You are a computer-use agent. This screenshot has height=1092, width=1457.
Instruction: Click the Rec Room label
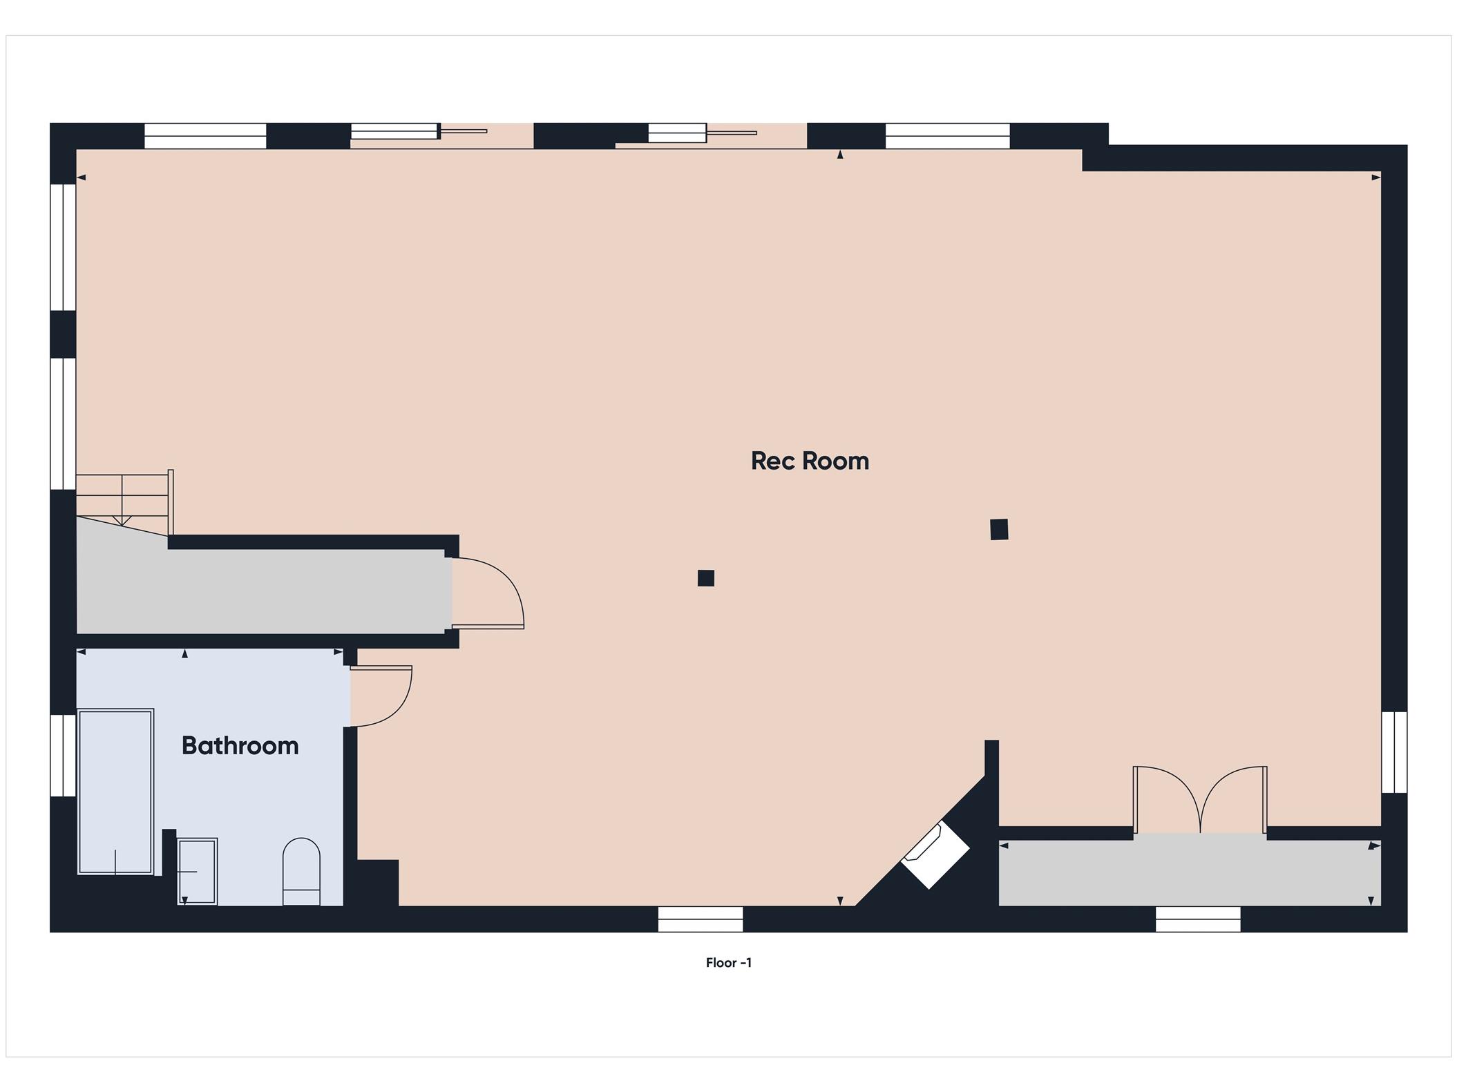tap(810, 461)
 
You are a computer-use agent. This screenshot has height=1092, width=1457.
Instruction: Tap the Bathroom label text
tap(240, 745)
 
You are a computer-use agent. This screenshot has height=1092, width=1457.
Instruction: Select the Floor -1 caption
tap(728, 963)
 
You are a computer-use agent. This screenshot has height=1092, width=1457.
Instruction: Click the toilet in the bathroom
tap(301, 872)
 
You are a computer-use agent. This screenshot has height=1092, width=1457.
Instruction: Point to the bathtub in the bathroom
tap(115, 792)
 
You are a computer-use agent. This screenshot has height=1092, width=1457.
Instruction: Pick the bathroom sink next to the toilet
tap(197, 872)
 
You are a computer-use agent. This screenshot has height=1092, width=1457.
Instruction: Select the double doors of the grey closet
tap(1200, 799)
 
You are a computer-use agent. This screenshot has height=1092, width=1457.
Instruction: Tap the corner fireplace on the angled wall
tap(935, 854)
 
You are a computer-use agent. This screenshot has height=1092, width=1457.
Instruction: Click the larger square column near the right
tap(999, 529)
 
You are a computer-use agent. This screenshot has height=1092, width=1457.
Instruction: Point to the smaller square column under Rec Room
tap(705, 578)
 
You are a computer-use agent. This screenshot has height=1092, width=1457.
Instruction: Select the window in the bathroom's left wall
tap(63, 755)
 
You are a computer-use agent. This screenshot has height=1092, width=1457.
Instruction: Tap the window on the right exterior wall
tap(1394, 752)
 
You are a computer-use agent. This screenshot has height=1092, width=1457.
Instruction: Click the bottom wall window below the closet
tap(1198, 919)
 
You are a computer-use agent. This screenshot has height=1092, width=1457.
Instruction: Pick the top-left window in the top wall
tap(205, 136)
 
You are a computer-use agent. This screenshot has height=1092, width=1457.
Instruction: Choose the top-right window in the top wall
tap(947, 136)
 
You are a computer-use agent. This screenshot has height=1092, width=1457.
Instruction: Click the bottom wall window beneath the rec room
tap(701, 919)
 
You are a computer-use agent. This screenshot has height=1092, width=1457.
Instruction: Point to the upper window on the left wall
tap(63, 247)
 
